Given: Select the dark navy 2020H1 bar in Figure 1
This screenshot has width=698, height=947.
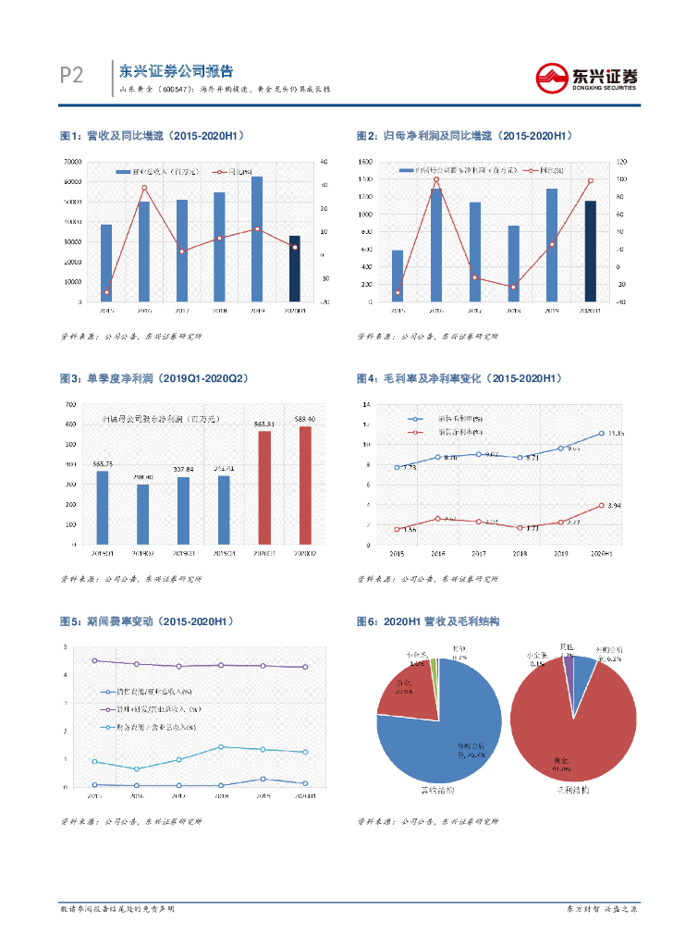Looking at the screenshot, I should tap(294, 268).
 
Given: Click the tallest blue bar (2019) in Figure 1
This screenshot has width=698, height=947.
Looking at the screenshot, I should tap(257, 239).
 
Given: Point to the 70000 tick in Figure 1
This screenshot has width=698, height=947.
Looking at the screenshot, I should tap(70, 162).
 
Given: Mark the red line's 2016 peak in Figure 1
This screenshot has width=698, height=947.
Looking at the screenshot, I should tap(144, 188).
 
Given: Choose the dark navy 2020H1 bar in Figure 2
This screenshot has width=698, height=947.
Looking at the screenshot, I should tap(590, 251).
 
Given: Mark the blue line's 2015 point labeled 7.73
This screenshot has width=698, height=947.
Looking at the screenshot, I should tap(397, 467).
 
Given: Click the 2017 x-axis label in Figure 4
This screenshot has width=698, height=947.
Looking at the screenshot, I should tap(477, 553).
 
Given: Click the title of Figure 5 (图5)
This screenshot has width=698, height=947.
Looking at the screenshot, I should tap(146, 621).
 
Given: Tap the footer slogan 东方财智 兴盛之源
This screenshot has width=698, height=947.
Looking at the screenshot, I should tap(602, 910).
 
